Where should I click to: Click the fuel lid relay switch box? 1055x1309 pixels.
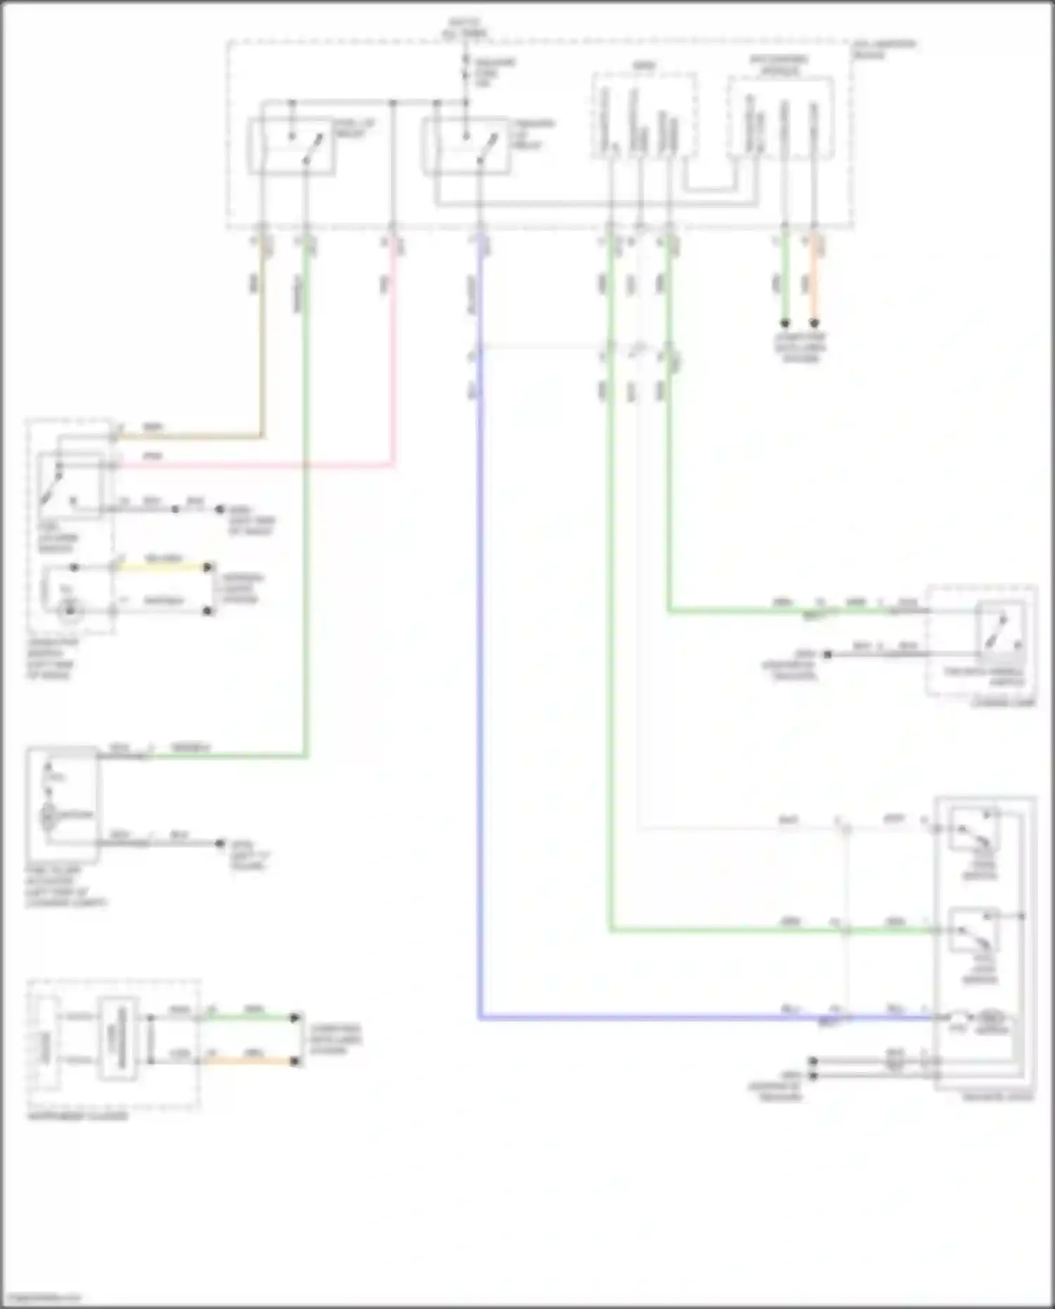[291, 146]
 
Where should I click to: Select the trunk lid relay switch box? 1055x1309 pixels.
[465, 146]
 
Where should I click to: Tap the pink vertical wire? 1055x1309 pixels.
[392, 352]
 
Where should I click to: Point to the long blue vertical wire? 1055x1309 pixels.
[480, 703]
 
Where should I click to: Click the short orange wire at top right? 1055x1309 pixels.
[814, 281]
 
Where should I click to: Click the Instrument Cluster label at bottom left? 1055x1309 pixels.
[77, 1116]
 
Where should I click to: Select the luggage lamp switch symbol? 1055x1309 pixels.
[999, 631]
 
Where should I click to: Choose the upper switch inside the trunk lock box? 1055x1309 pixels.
[974, 831]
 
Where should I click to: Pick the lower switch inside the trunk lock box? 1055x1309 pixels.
[974, 931]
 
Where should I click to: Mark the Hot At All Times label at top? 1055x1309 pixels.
[465, 28]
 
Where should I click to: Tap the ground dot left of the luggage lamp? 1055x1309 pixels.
[828, 654]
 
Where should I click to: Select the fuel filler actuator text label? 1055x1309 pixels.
[66, 886]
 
